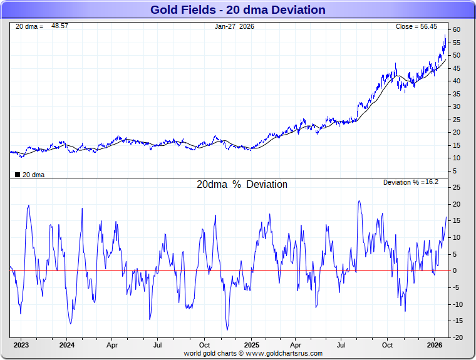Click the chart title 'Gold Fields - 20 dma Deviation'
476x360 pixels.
[x=237, y=9]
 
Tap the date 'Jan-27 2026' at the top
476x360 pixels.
[x=234, y=26]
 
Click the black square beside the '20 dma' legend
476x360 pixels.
[x=17, y=175]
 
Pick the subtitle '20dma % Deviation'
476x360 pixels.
[x=242, y=185]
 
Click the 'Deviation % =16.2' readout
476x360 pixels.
[x=411, y=182]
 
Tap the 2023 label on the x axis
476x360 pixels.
[x=21, y=345]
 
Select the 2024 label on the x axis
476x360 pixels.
[x=67, y=345]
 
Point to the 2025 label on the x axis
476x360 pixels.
[x=251, y=345]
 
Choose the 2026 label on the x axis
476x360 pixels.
[x=435, y=345]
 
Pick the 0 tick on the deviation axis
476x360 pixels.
[x=457, y=271]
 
